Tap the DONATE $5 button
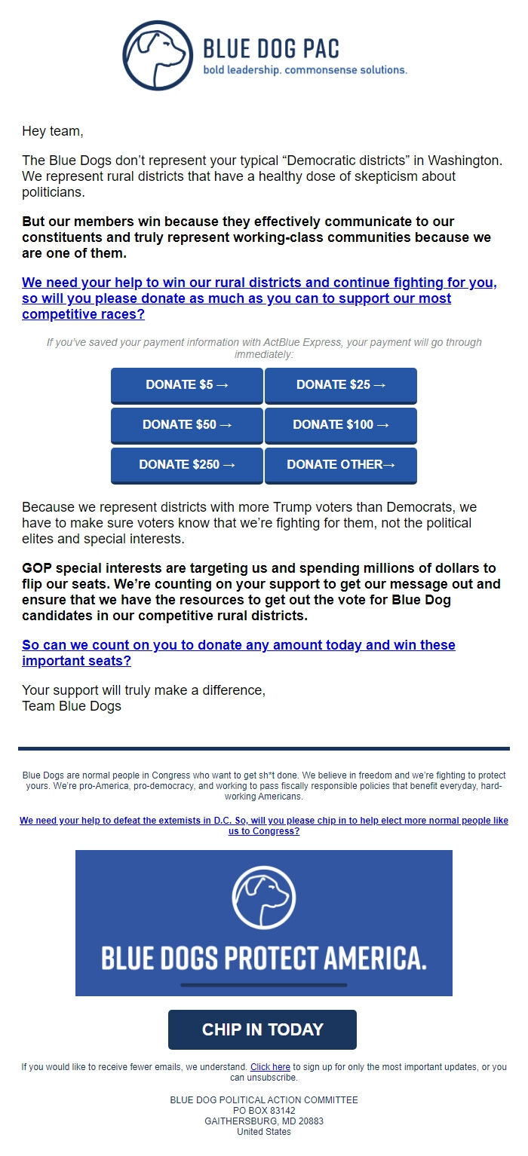[187, 385]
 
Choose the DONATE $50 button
[187, 425]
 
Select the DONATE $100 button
[341, 425]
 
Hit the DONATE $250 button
[187, 465]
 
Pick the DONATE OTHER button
[341, 465]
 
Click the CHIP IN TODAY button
[262, 1029]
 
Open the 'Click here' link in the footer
[270, 1067]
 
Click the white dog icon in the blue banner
[263, 897]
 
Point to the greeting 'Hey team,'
[52, 131]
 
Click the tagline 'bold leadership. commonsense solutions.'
[305, 70]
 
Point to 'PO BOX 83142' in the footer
[264, 1111]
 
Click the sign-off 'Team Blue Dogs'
[72, 706]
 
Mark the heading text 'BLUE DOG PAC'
[272, 49]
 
